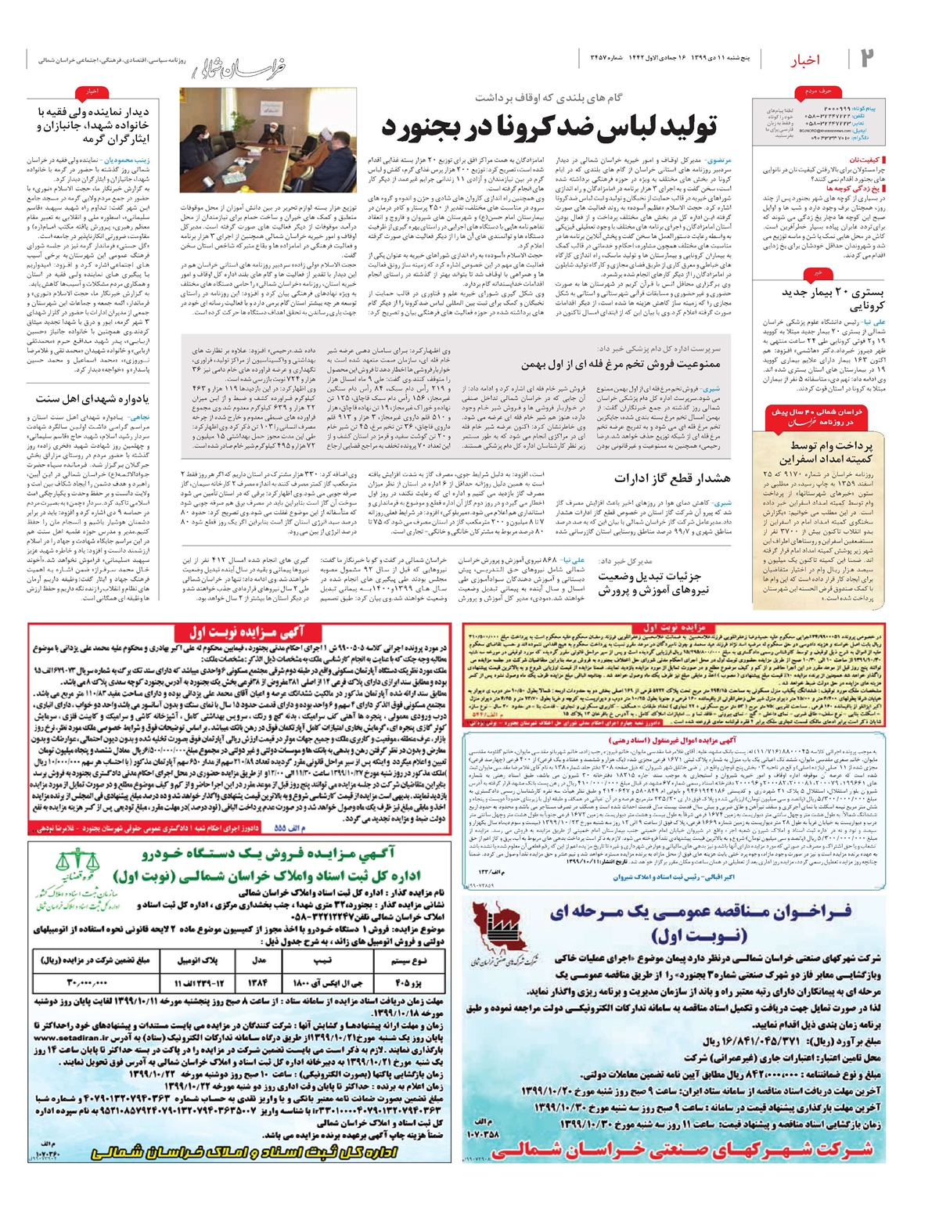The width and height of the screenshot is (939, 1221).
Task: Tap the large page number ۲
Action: pos(866,58)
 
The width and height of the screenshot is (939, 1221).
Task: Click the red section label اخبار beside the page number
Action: pos(805,59)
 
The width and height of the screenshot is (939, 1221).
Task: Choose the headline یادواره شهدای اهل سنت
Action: pos(92,398)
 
